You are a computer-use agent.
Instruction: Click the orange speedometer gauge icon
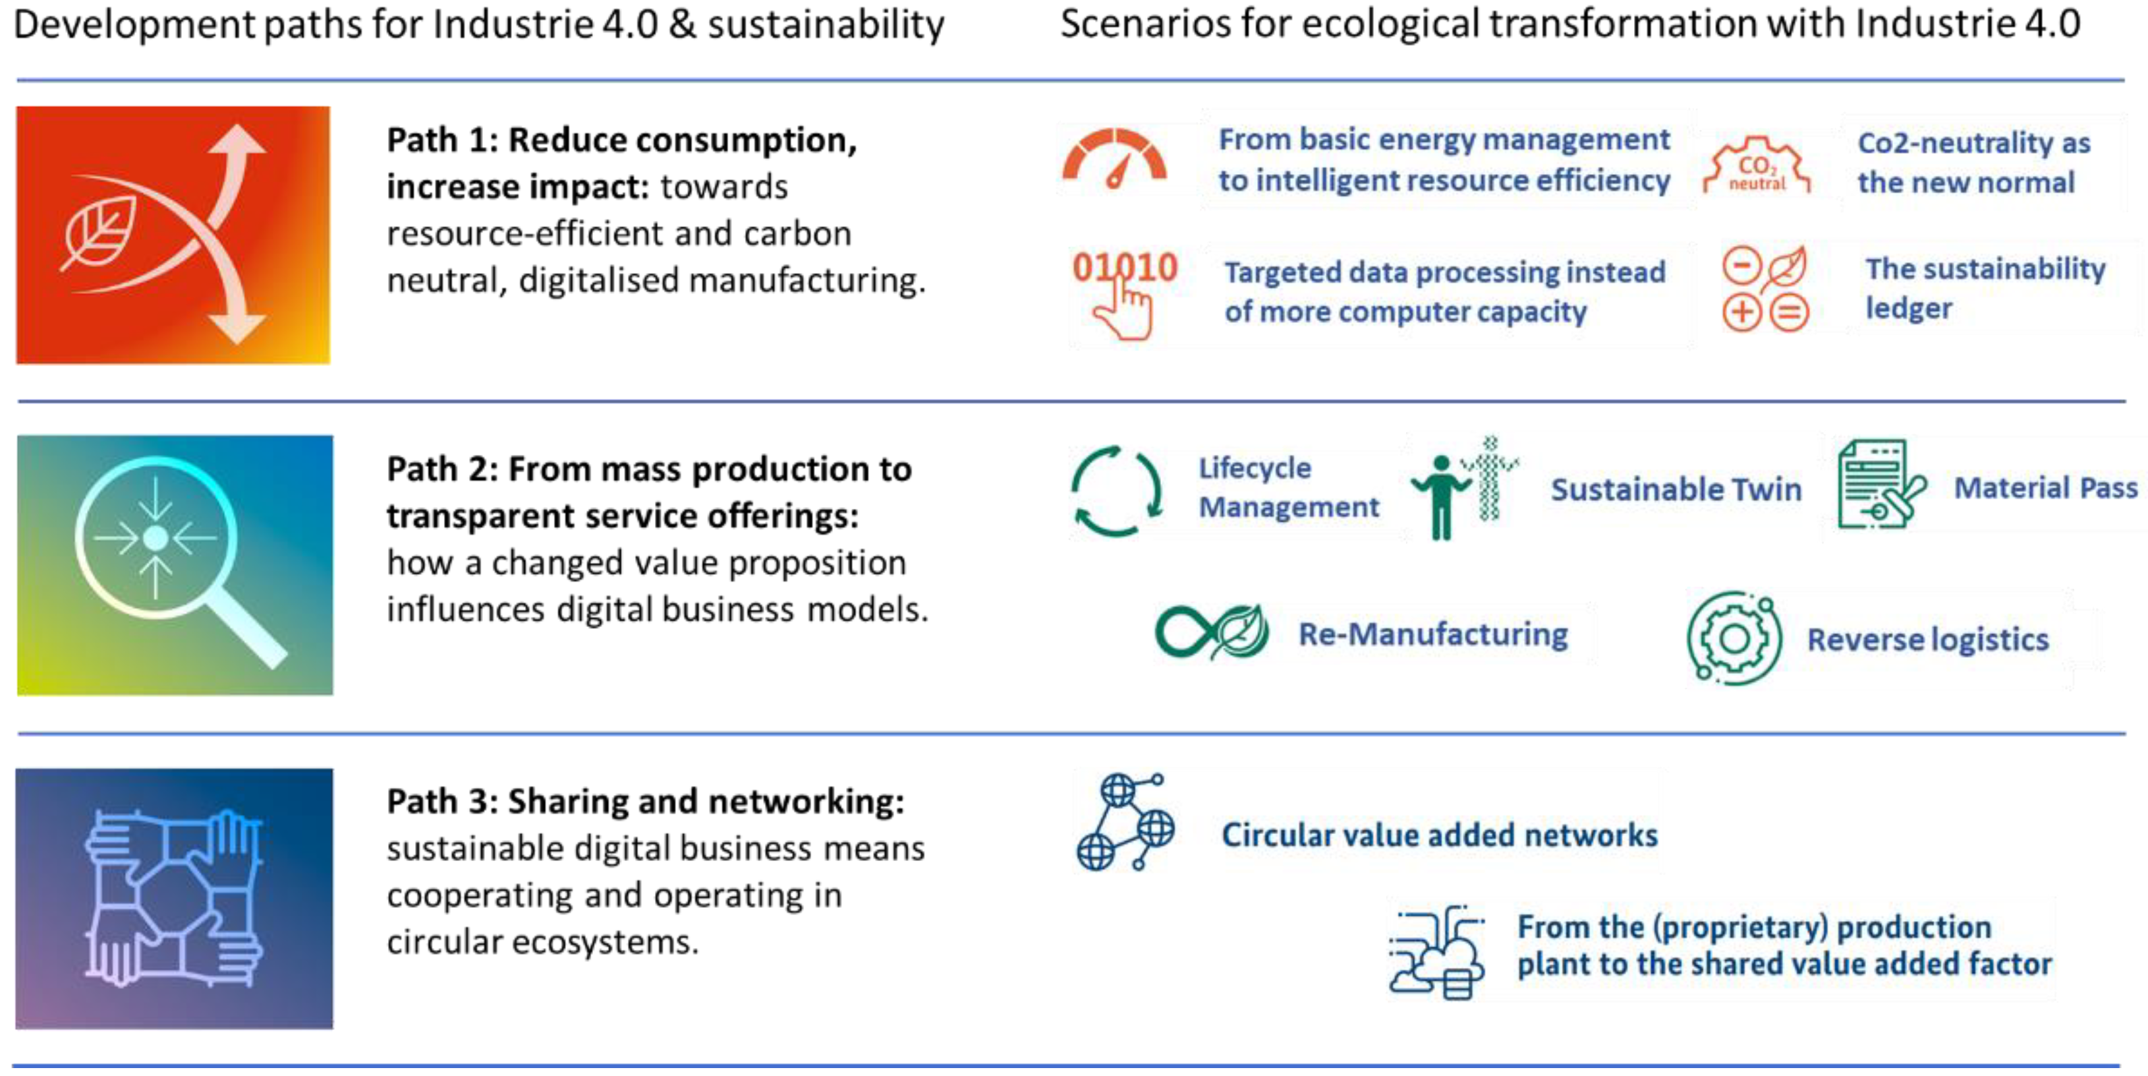click(x=1114, y=158)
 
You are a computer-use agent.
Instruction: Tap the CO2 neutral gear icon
click(x=1756, y=167)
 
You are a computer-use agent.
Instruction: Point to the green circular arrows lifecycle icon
click(x=1116, y=491)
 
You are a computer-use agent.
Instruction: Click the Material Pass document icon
click(x=1879, y=485)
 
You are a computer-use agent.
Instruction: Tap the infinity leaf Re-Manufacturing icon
click(x=1212, y=632)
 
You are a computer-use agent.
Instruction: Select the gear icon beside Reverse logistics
click(x=1734, y=638)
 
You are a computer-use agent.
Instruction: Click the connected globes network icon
click(x=1124, y=822)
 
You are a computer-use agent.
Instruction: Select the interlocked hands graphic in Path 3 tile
click(x=173, y=897)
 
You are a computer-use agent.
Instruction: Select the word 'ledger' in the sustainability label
click(x=1909, y=309)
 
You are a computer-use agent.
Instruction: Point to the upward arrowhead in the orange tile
click(x=239, y=141)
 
